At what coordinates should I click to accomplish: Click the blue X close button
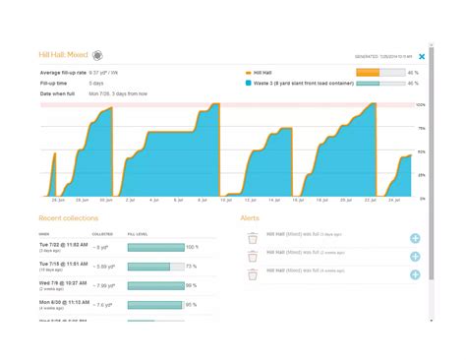click(422, 57)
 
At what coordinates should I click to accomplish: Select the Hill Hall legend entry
click(265, 73)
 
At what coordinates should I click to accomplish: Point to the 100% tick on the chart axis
click(420, 104)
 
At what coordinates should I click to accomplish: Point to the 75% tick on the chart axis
click(420, 128)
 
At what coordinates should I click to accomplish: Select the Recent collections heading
click(68, 217)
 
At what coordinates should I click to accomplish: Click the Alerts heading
click(251, 217)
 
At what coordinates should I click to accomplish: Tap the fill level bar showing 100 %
click(155, 248)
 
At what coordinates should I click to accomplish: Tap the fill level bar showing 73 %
click(155, 267)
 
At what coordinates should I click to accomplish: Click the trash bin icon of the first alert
click(253, 237)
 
